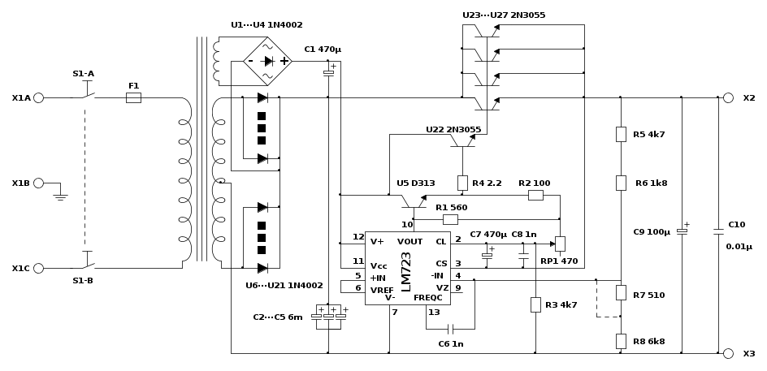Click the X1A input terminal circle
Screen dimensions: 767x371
[x=39, y=97]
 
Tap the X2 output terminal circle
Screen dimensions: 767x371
[x=728, y=97]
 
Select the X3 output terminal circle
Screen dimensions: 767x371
[x=728, y=353]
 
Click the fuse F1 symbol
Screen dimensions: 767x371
[x=133, y=97]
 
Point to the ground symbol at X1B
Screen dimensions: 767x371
[x=60, y=197]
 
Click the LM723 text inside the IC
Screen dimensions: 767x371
[x=406, y=272]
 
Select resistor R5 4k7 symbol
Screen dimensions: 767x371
[x=621, y=134]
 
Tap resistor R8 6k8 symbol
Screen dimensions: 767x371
[x=621, y=341]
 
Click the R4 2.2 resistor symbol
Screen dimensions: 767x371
[x=462, y=183]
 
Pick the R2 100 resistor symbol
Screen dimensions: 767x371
[x=535, y=195]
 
